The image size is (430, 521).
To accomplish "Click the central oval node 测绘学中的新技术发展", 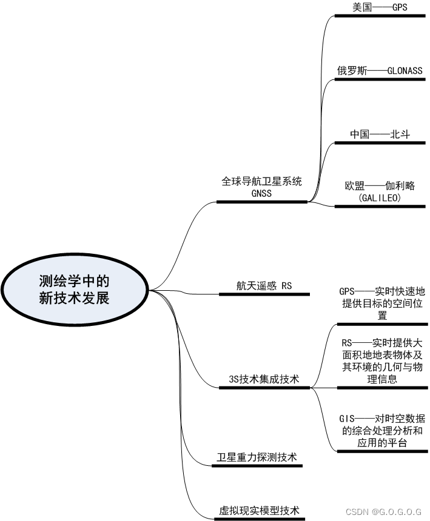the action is [x=75, y=290].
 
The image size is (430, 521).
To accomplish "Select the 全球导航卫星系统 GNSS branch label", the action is [x=261, y=187].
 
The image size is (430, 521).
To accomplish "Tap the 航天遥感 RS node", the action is [x=264, y=285].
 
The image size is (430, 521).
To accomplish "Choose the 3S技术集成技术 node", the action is [x=264, y=379].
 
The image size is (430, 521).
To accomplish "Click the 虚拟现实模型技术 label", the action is [x=259, y=510].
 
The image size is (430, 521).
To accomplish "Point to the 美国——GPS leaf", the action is [x=380, y=7].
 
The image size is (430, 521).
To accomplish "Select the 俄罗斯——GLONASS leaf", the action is [x=380, y=70].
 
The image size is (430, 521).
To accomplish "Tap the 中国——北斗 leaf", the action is [x=380, y=134].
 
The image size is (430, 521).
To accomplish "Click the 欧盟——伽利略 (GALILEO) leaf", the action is [x=380, y=191].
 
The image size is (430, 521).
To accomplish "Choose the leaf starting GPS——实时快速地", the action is [x=382, y=303].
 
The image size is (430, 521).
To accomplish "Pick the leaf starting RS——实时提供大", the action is [x=382, y=361].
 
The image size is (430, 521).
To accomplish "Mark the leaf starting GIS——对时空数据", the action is [x=382, y=431].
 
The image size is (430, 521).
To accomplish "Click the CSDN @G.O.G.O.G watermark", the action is [x=384, y=512].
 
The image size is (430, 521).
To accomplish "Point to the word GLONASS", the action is [x=400, y=70].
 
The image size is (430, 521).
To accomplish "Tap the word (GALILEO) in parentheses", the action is [x=380, y=197].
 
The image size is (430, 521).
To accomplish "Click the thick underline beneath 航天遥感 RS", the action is [x=264, y=294].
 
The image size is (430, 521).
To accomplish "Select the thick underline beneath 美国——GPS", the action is [x=380, y=16].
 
